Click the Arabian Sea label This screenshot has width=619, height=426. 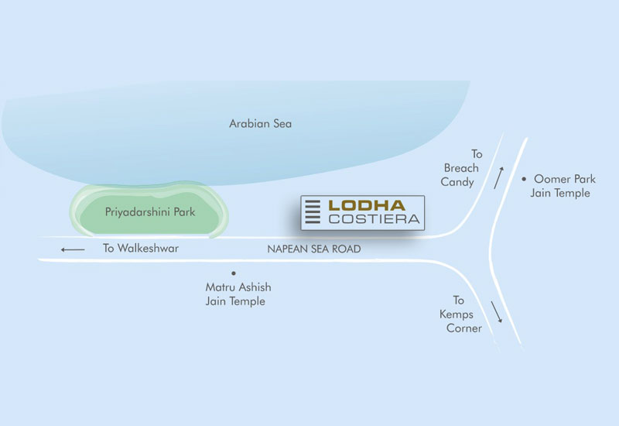pos(261,123)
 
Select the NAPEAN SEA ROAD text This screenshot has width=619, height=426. pos(314,249)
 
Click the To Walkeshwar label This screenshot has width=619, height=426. pos(141,249)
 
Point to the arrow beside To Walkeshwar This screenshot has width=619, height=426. pos(74,249)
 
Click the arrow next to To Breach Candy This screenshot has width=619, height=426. pos(499,176)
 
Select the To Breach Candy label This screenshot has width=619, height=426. pos(462,168)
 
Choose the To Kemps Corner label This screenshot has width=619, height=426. pos(458,314)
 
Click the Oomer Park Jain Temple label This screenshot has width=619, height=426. pos(563,185)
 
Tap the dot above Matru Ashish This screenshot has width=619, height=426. pos(233,273)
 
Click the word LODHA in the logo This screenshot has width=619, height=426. pos(367,205)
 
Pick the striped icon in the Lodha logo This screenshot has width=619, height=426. pos(313,212)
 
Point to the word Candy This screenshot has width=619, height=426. pos(457,182)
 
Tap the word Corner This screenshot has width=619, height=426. pos(463,328)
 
